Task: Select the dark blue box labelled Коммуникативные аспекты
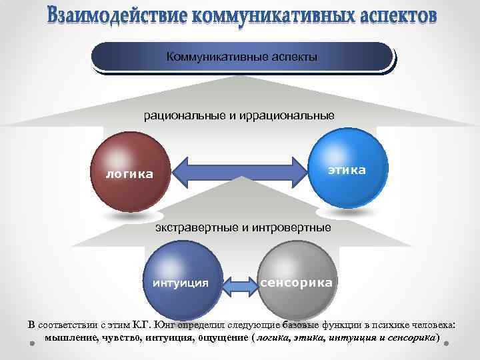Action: pyautogui.click(x=241, y=57)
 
